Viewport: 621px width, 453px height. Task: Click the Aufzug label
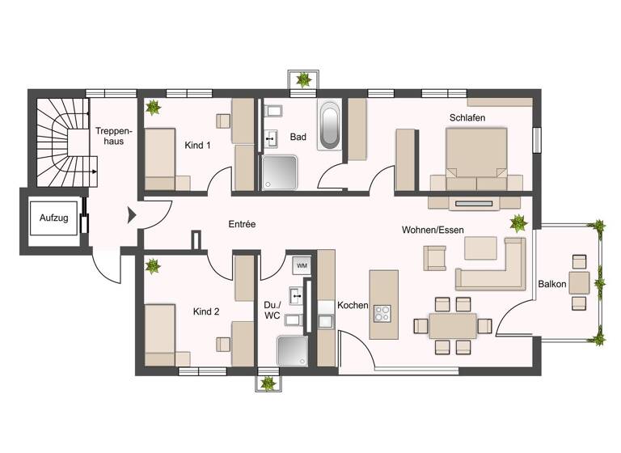click(53, 219)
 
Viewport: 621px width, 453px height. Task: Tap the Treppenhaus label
click(108, 136)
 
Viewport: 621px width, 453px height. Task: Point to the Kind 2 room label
click(205, 311)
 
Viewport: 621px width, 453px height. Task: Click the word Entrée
click(242, 224)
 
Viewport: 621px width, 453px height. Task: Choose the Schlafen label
click(467, 118)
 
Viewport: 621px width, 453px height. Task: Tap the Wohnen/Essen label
click(433, 231)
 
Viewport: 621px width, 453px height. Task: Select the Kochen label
click(353, 306)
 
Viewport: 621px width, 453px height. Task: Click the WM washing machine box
click(301, 265)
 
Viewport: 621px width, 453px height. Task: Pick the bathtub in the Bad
click(329, 125)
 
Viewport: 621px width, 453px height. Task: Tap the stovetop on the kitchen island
click(382, 312)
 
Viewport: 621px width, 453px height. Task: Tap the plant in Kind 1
click(152, 108)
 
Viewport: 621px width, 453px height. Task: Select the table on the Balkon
click(579, 282)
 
